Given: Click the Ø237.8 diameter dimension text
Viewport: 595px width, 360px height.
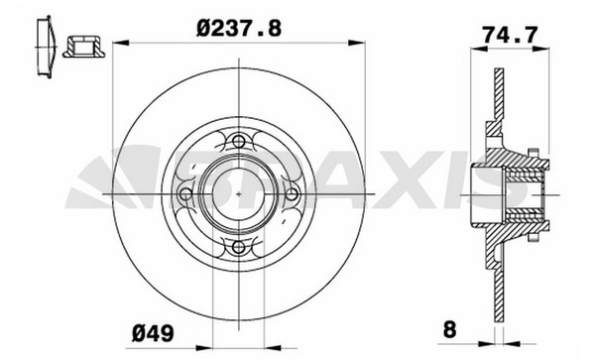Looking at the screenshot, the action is click(239, 29).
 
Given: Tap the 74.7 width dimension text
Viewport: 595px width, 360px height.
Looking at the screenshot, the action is click(510, 36).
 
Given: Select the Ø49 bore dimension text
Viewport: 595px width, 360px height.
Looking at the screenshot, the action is click(153, 333).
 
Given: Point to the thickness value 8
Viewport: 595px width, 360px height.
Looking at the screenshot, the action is click(449, 329).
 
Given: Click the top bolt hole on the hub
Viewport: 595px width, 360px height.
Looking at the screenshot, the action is click(239, 142).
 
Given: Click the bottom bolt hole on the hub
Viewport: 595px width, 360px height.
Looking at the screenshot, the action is click(239, 247).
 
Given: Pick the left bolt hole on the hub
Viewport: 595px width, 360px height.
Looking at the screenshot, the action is click(185, 194).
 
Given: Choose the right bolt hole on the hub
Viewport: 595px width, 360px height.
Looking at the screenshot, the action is click(292, 194).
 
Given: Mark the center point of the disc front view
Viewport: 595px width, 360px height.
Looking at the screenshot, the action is click(239, 194).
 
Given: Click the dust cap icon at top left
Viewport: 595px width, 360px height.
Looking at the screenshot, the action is click(46, 47).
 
